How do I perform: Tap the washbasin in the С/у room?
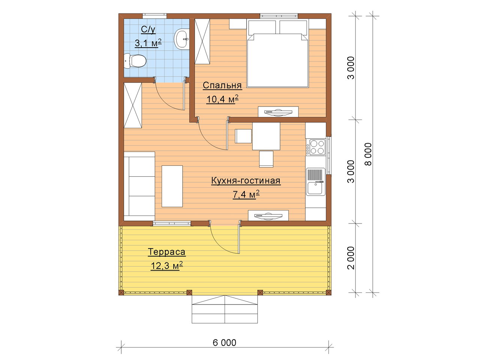(181, 39)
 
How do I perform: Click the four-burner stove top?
(316, 147)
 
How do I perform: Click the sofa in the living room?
(139, 186)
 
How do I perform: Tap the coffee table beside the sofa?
(172, 186)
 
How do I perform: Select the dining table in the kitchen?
(266, 136)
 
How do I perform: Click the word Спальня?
(222, 85)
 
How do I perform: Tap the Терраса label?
(166, 252)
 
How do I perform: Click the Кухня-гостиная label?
(246, 181)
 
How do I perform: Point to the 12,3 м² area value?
(166, 265)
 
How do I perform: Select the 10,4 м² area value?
(222, 99)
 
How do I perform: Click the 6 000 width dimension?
(225, 343)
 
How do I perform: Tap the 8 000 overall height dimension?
(368, 154)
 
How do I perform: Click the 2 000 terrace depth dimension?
(351, 258)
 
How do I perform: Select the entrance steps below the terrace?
(225, 309)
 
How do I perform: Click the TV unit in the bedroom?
(278, 112)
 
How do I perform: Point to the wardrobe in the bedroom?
(202, 41)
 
